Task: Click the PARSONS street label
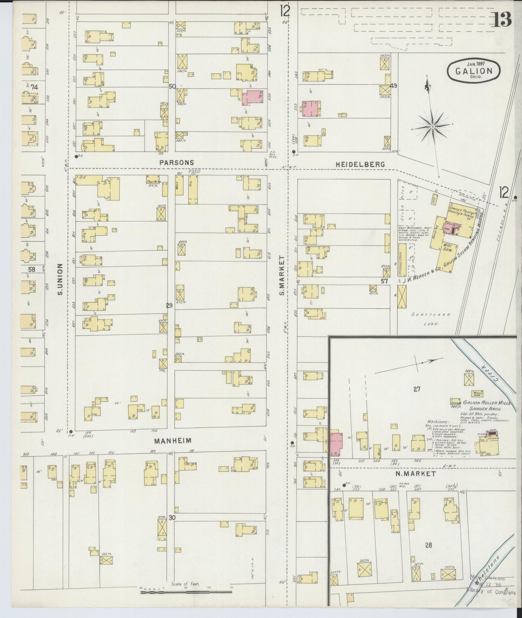(177, 163)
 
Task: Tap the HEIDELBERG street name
(360, 164)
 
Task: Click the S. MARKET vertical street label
(282, 275)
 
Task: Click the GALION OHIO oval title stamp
(474, 71)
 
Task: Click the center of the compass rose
(432, 127)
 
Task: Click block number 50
(172, 86)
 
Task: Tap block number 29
(169, 306)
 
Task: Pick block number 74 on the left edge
(35, 87)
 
